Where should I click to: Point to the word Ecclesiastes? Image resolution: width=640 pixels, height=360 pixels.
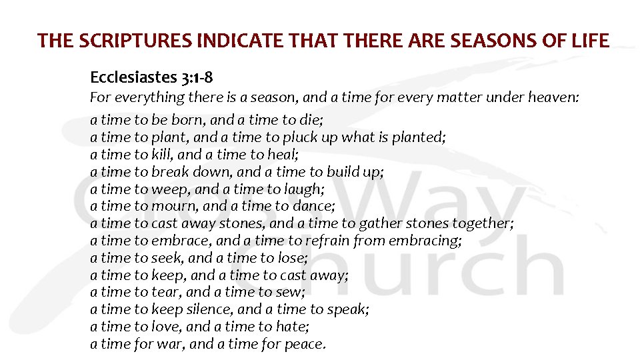coord(133,79)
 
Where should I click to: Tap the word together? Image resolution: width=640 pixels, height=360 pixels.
coord(483,224)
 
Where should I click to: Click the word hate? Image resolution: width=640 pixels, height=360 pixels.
coord(293,327)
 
